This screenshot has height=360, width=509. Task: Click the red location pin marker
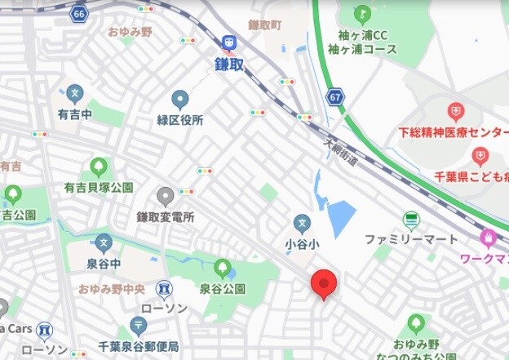[324, 283]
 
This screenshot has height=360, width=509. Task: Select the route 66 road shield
[78, 15]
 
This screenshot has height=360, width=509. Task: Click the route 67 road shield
[336, 97]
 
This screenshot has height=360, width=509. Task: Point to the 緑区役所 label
[180, 120]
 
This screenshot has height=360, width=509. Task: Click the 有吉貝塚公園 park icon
[99, 168]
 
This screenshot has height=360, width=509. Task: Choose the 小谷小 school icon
[302, 223]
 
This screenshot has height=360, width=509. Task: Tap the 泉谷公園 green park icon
[222, 268]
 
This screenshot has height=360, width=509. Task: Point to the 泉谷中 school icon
[103, 243]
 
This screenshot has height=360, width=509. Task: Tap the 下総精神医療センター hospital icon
[456, 111]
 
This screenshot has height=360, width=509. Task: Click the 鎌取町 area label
[265, 26]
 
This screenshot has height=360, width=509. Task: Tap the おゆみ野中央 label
[112, 289]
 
